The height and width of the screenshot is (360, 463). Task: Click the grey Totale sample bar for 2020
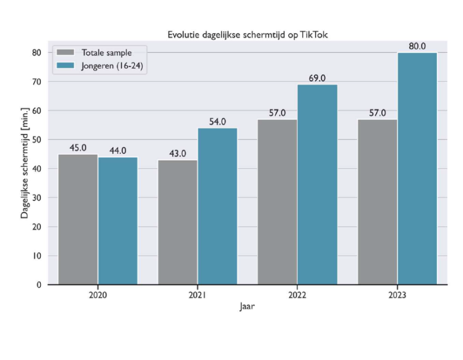click(78, 219)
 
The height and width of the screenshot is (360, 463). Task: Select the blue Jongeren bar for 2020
click(118, 221)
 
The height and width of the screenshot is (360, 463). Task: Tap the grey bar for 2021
click(177, 222)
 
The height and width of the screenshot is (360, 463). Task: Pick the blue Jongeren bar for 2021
click(217, 206)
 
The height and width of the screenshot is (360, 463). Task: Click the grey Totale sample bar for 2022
click(277, 202)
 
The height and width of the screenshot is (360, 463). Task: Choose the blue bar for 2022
click(317, 184)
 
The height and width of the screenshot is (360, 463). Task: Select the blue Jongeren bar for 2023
click(417, 169)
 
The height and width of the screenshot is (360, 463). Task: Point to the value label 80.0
click(417, 46)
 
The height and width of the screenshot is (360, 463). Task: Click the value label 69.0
click(317, 78)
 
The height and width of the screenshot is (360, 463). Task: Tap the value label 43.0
click(177, 153)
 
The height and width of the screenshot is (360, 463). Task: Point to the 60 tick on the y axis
click(36, 110)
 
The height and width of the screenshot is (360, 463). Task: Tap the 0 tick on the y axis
click(39, 285)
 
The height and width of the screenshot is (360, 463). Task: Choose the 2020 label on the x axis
click(97, 295)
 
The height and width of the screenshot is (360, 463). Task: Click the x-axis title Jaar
click(247, 306)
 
